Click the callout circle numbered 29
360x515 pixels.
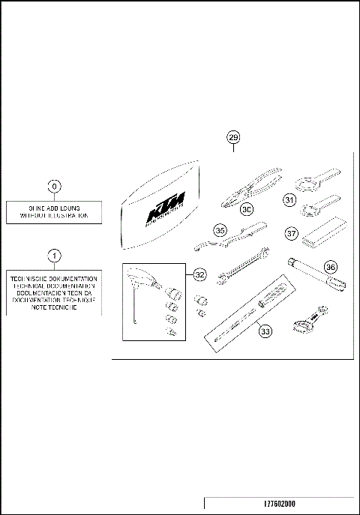click(x=233, y=137)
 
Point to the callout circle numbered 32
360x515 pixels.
click(x=199, y=275)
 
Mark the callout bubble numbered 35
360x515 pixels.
click(x=220, y=230)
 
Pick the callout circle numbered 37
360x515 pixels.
click(x=291, y=234)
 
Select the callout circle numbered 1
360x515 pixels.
click(x=54, y=256)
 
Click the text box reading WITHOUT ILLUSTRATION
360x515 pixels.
click(x=54, y=214)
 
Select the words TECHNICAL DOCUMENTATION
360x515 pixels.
click(x=54, y=286)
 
